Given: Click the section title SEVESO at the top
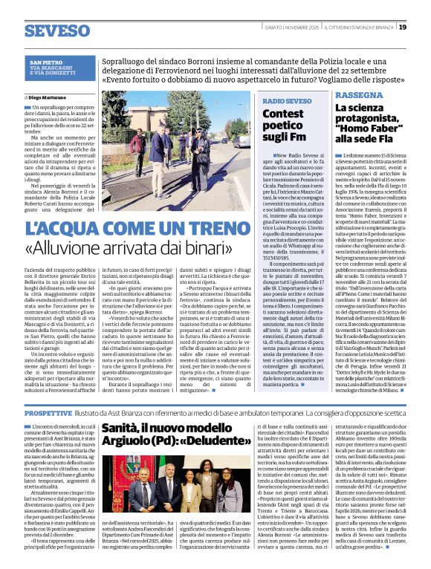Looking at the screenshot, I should tap(56, 30).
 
